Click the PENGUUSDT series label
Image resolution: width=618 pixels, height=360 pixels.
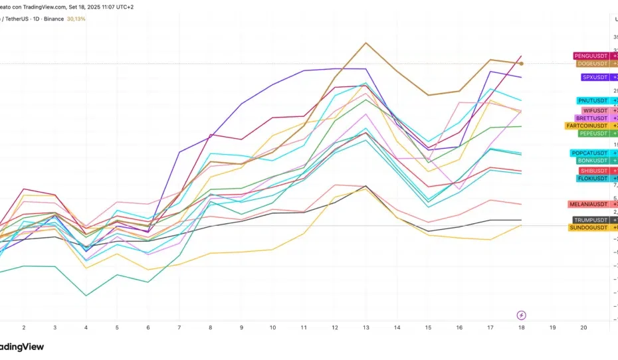point(591,56)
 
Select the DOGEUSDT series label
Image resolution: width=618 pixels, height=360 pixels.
point(593,64)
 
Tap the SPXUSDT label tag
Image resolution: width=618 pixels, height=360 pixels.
point(595,78)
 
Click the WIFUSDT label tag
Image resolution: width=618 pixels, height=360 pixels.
point(595,110)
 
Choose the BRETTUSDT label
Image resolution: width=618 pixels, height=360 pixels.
point(592,118)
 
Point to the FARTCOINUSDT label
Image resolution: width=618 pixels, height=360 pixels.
point(587,126)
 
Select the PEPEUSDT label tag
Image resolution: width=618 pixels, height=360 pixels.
point(593,134)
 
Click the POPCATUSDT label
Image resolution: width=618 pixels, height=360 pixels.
point(590,153)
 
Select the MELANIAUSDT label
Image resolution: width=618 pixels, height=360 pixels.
point(589,204)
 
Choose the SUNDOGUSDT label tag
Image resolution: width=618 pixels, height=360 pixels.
point(589,228)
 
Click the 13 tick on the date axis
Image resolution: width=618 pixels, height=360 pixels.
point(365,328)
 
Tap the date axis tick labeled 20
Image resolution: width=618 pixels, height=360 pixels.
point(583,328)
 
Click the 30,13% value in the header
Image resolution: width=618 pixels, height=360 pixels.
point(75,19)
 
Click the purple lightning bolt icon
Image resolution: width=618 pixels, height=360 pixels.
point(522,315)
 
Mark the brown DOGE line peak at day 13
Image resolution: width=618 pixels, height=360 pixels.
point(365,43)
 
